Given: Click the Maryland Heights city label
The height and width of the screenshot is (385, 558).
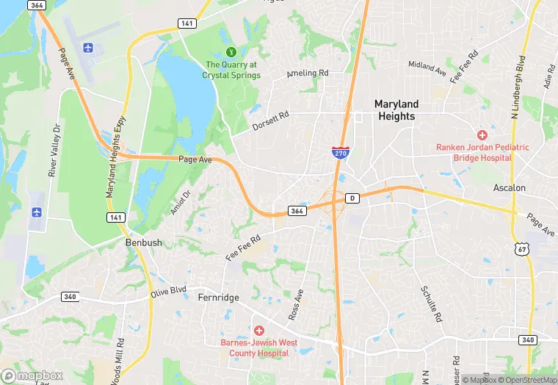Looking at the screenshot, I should coord(396,110).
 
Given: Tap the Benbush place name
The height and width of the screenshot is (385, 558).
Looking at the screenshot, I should coord(143,242).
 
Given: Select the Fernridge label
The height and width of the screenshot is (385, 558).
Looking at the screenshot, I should coord(219,298).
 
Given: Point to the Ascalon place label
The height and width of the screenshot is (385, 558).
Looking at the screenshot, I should coord(510,188).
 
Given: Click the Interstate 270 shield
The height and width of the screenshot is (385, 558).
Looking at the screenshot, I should coord(339,154).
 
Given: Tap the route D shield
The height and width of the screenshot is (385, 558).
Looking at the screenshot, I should coord(352,198).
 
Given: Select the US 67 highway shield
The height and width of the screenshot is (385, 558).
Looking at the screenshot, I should coord(522,249).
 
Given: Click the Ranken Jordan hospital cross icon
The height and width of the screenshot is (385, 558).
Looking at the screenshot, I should coord(482,135).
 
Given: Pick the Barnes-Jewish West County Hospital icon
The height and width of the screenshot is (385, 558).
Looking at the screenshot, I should coord(258,331).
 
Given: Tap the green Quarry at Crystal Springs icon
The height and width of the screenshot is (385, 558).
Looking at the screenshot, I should coord(231,51).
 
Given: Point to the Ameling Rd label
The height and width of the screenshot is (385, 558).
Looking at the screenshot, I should coord(307,73).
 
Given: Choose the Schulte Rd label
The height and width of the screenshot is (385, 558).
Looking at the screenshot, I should coord(432,305).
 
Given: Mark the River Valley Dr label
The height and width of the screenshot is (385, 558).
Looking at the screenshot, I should coord(53,151).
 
